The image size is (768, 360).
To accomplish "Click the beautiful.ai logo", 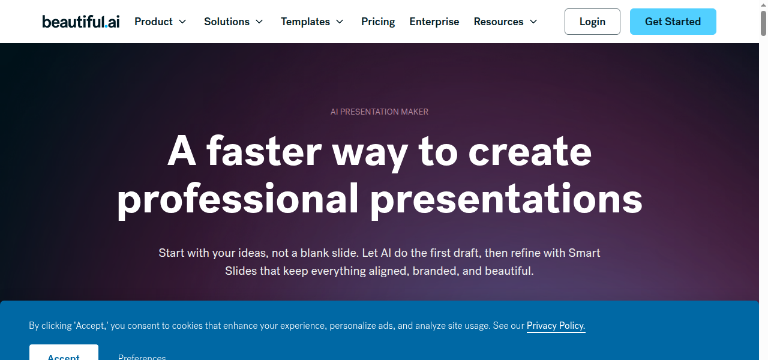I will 80,22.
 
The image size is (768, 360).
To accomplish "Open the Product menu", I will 154,22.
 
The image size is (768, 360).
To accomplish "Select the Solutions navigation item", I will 227,22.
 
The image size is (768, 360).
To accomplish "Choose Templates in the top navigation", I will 305,22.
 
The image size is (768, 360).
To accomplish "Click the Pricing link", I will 378,22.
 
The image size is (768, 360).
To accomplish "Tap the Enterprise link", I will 434,22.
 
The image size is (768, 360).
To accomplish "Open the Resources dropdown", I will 499,22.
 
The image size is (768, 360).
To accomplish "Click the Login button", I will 592,22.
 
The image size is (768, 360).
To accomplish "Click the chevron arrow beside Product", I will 182,22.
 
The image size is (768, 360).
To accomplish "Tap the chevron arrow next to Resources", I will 533,22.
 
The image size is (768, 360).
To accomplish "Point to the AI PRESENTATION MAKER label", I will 379,112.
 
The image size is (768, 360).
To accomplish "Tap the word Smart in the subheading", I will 584,253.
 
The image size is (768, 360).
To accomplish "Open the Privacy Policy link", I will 556,326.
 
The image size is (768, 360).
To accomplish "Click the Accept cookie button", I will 64,355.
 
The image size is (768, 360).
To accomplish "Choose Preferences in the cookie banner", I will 142,356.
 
